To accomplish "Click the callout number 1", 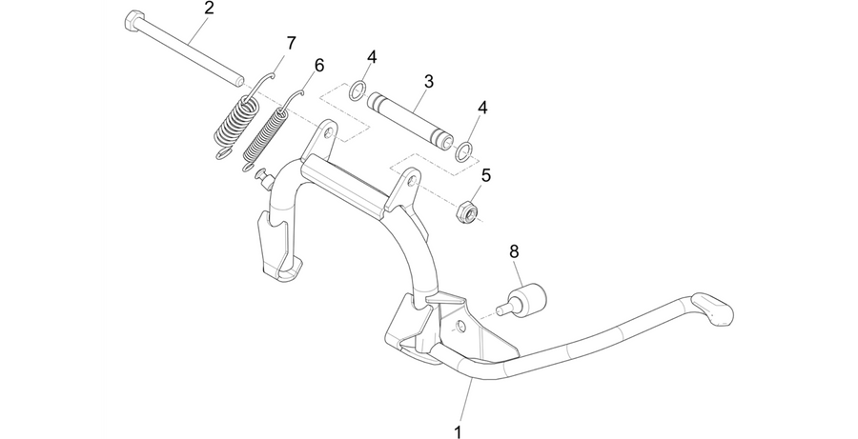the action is tap(458, 431).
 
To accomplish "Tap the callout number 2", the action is tap(209, 9).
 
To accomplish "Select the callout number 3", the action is tap(428, 82).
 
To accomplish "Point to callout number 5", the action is tap(486, 175).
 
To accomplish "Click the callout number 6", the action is tap(319, 65).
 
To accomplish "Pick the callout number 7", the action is tap(291, 43).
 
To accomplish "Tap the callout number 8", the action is tap(514, 251).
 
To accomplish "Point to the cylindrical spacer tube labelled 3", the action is tap(410, 120).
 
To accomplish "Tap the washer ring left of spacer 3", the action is tap(357, 90).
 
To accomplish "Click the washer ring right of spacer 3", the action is tap(464, 151).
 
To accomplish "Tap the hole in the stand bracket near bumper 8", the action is tap(461, 327).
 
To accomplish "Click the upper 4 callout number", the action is tap(372, 57).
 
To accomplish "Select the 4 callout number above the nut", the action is tap(482, 108).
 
